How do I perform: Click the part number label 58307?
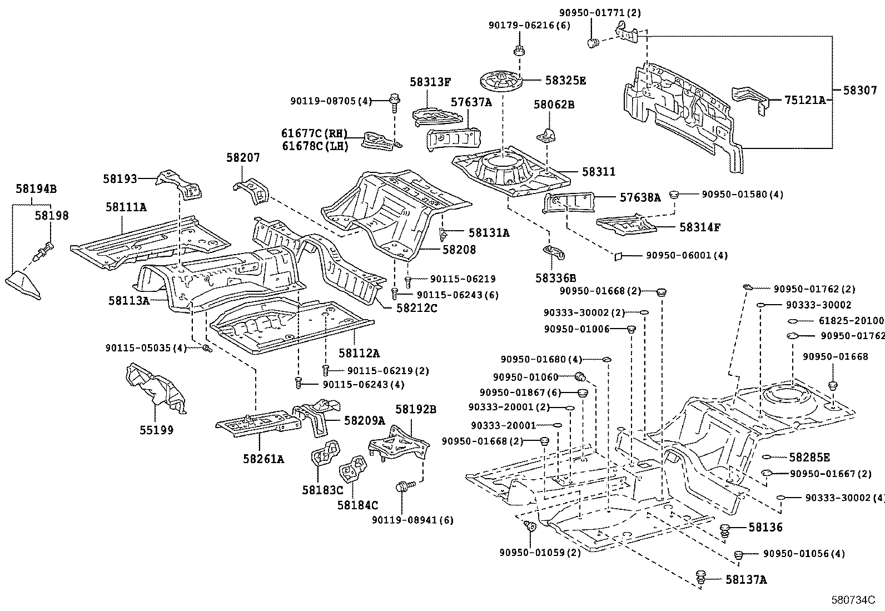(x=860, y=91)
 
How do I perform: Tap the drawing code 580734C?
(x=853, y=600)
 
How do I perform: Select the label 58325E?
(x=566, y=81)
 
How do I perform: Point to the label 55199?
(x=156, y=430)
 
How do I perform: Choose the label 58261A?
(x=263, y=459)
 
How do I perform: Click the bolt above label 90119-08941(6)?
(x=405, y=486)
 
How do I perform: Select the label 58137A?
(x=746, y=580)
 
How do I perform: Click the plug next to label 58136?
(x=724, y=530)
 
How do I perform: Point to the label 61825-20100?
(x=851, y=321)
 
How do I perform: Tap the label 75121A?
(x=805, y=100)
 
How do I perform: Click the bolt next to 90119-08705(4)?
(x=394, y=102)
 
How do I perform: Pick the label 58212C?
(x=417, y=308)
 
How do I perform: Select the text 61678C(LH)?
(x=315, y=146)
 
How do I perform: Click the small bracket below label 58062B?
(x=546, y=135)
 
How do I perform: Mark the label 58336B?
(x=555, y=278)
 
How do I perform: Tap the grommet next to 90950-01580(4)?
(x=674, y=195)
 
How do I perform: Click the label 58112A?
(x=359, y=353)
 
